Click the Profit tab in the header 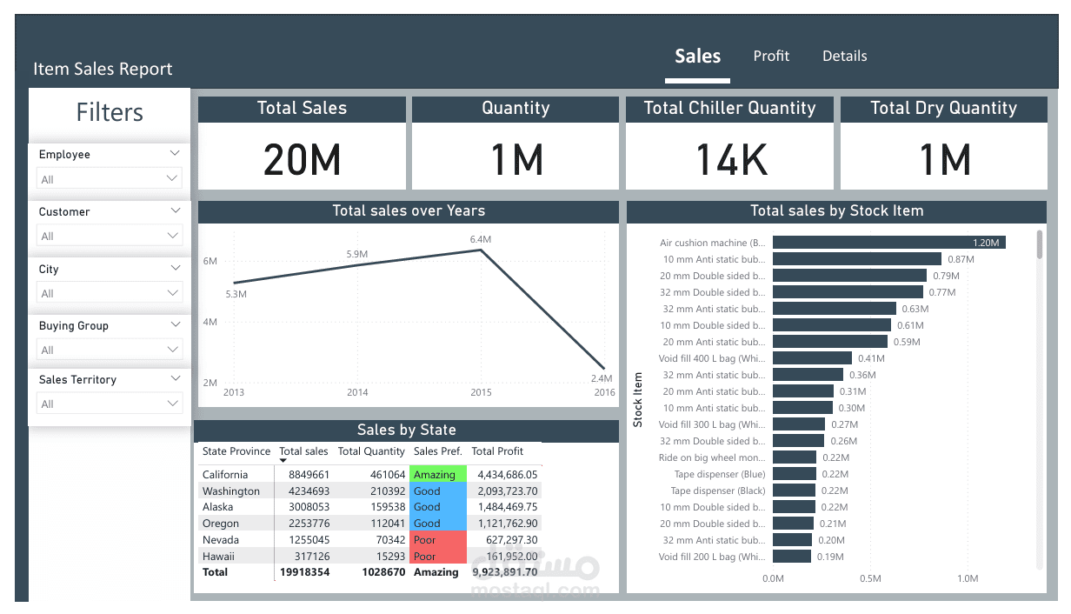[x=771, y=56]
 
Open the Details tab [x=844, y=56]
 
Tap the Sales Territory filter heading [x=77, y=380]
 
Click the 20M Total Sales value [x=302, y=159]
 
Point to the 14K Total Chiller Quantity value [x=730, y=159]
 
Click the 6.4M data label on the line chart [x=481, y=239]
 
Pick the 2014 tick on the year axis [x=357, y=392]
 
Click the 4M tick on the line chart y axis [x=210, y=322]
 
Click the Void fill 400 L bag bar [x=812, y=358]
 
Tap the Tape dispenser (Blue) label [x=720, y=474]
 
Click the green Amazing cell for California [x=437, y=475]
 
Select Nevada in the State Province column [x=220, y=540]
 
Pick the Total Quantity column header [x=371, y=451]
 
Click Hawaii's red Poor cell [x=437, y=557]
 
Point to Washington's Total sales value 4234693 [x=303, y=491]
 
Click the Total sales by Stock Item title [x=836, y=211]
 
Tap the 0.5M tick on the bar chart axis [x=870, y=578]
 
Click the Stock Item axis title [x=638, y=400]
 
